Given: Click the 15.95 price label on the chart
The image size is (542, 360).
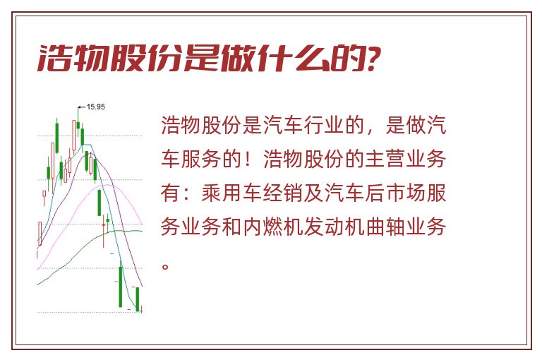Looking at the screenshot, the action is coord(95,107).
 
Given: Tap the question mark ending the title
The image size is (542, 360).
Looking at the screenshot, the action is coord(373,58).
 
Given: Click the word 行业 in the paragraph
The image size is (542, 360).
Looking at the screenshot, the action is coord(324,125).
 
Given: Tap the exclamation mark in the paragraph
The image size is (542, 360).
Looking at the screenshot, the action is coord(248,159).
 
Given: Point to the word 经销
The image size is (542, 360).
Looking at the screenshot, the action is coord(283,193).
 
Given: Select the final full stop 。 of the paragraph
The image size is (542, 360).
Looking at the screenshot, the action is coord(166,267).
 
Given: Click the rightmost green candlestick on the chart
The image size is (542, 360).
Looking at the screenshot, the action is coord(138,299).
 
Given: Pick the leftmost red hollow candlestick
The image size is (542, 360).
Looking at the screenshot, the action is coord(40,233).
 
